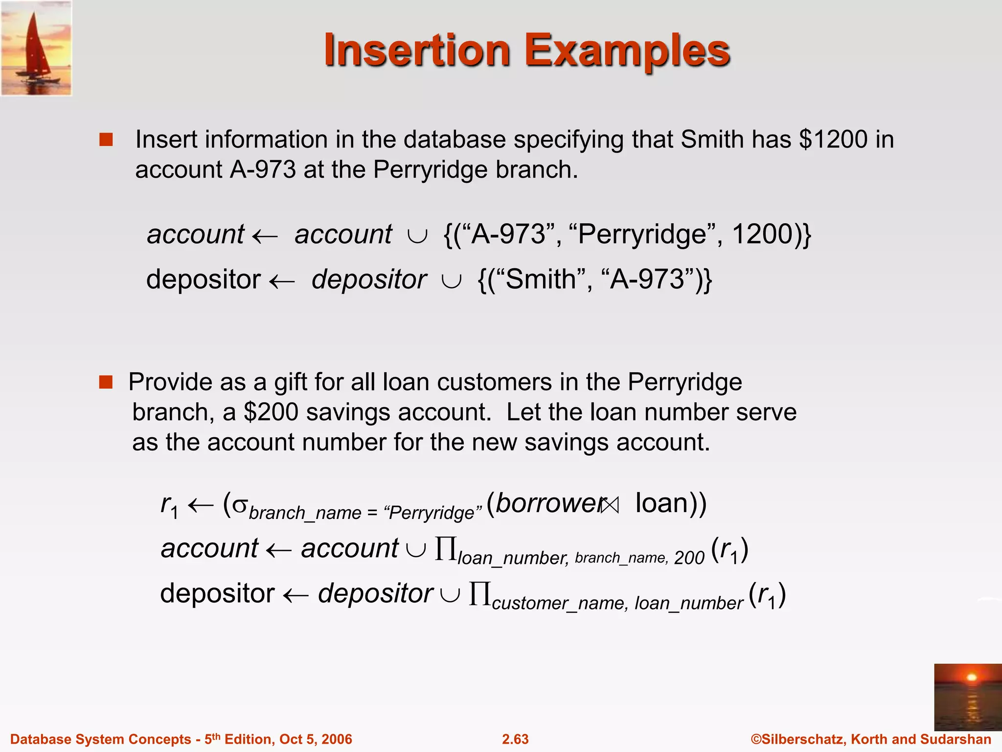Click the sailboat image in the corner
pyautogui.click(x=36, y=48)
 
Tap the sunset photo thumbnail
pyautogui.click(x=967, y=697)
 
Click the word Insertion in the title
pyautogui.click(x=417, y=50)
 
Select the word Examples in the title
pyautogui.click(x=627, y=51)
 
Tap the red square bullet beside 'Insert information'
pyautogui.click(x=106, y=140)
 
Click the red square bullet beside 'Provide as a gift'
pyautogui.click(x=106, y=382)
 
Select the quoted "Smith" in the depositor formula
pyautogui.click(x=538, y=280)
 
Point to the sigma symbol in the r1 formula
pyautogui.click(x=239, y=504)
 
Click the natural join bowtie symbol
pyautogui.click(x=610, y=505)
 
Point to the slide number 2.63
pyautogui.click(x=515, y=739)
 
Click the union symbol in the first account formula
pyautogui.click(x=417, y=236)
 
